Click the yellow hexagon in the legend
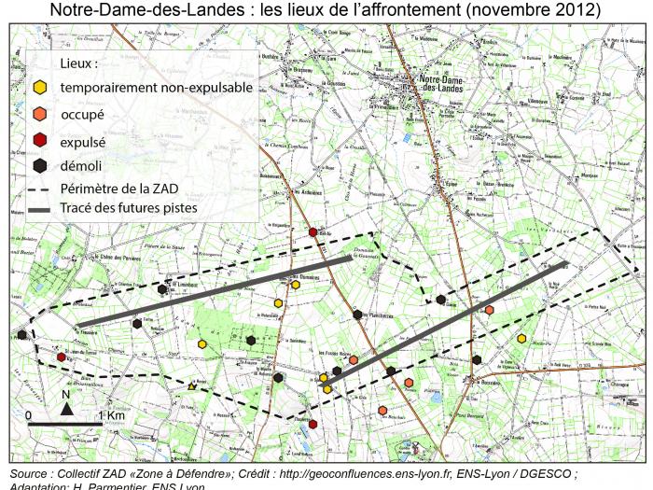coord(39,88)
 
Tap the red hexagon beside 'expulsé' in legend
coord(39,142)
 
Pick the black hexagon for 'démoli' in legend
coord(39,166)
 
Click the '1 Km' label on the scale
coord(110,414)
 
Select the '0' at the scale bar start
coord(29,414)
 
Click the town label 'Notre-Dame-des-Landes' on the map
coord(430,85)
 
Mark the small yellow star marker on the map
coord(192,385)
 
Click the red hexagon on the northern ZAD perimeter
coord(313,232)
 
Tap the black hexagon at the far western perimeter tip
coord(21,334)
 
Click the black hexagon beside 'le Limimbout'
coord(162,289)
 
